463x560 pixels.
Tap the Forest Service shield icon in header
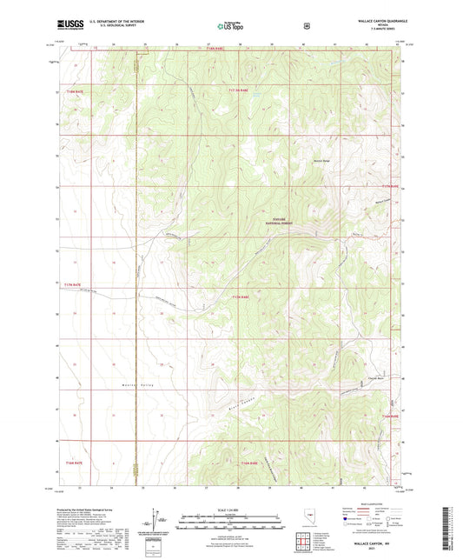coord(306,25)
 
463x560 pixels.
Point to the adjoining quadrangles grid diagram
coord(305,544)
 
